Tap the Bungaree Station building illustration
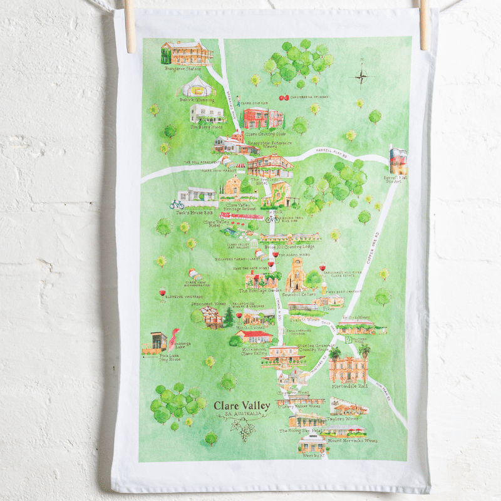point(187,53)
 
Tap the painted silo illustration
point(398,160)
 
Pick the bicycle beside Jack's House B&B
point(177,204)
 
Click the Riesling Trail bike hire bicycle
point(272,219)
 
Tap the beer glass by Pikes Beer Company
point(324,288)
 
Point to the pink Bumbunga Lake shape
point(173,338)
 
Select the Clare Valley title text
point(242,406)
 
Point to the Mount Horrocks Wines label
point(353,441)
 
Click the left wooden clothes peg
point(130,25)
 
